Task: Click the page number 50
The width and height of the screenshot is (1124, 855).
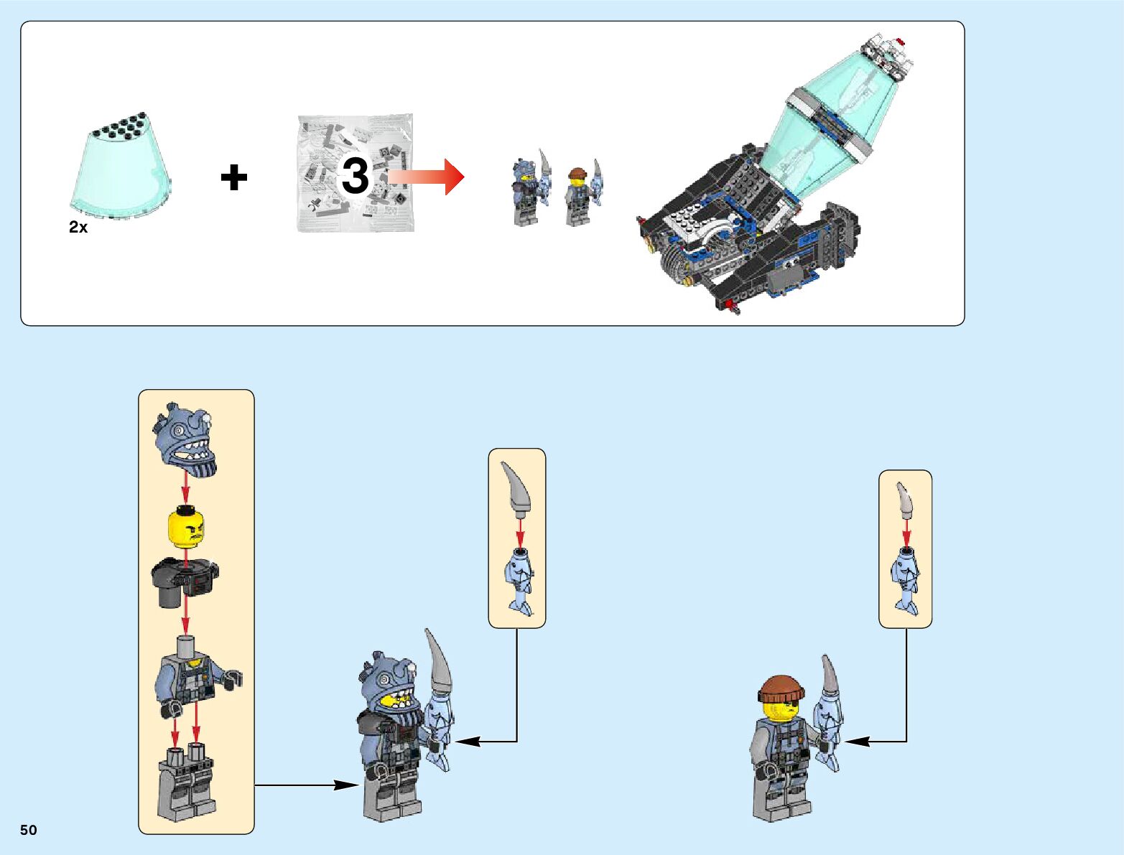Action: (x=29, y=830)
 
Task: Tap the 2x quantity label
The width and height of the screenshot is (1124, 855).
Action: (x=78, y=227)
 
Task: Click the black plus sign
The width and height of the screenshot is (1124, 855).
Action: (x=234, y=177)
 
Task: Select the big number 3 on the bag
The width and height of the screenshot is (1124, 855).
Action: (x=355, y=176)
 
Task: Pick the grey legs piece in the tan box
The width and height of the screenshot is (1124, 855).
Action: (x=185, y=785)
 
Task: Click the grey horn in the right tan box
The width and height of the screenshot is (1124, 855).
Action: (x=905, y=500)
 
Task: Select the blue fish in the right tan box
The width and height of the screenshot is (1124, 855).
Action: (x=906, y=579)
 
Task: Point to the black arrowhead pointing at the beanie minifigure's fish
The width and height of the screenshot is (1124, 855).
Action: (x=857, y=742)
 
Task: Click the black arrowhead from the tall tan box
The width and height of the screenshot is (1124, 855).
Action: (x=347, y=785)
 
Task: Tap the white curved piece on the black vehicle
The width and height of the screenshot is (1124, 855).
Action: (x=707, y=235)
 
